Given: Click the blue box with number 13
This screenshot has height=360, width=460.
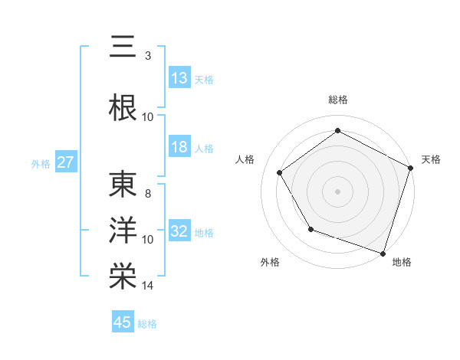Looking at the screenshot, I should coord(179,78).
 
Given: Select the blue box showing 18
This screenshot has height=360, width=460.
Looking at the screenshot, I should coord(179,148).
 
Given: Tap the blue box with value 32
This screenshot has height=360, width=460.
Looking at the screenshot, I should coord(179,232).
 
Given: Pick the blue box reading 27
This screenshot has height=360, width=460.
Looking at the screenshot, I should coord(65,163).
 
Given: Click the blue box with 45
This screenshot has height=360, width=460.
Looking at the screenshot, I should coord(123,322).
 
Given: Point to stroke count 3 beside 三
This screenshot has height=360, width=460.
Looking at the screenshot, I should coord(147,55).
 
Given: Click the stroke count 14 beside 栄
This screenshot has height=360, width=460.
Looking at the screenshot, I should coord(148,286).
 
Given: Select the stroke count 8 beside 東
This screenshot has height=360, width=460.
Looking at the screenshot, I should coord(147,194).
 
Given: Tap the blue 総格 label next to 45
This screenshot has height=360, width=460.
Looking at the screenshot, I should coord(147,324).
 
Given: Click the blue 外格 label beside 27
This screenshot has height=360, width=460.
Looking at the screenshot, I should coord(41,164).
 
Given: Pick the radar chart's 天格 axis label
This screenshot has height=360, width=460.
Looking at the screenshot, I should coord(432,159).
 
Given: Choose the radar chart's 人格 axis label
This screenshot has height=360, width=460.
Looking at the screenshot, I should coord(245,159).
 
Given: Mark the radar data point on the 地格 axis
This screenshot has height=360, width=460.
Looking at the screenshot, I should coord(383,253).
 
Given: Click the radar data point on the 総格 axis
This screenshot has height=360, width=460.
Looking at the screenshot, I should coord(337,131).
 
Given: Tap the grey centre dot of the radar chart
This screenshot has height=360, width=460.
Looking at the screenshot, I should coord(337,191).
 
